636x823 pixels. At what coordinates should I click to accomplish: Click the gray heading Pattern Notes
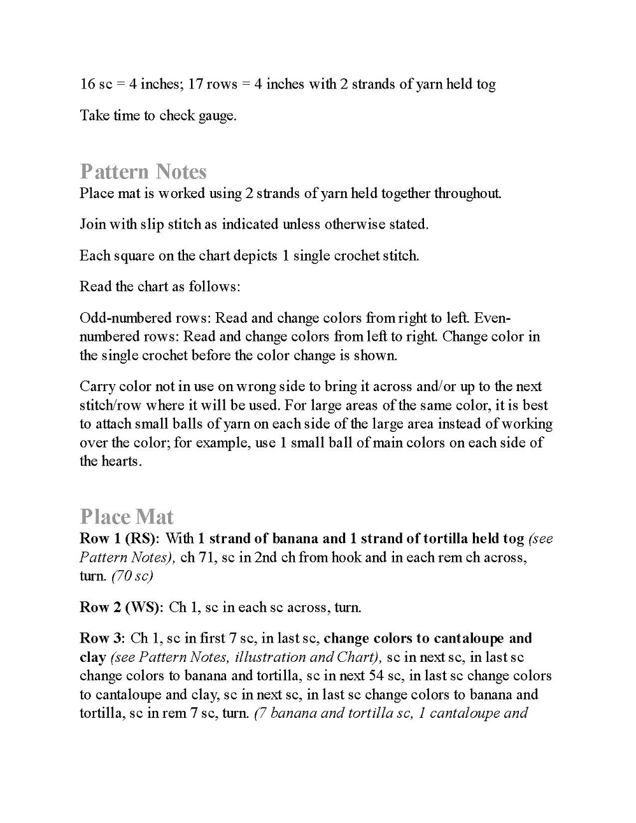coord(143,172)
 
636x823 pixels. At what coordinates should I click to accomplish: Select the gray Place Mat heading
coord(127,517)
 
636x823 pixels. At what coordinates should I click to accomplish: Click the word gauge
coord(216,116)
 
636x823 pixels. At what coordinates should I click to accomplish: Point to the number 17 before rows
coord(196,84)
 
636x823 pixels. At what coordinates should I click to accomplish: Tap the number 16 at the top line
coord(87,84)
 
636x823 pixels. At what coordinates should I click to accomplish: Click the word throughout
coord(467,193)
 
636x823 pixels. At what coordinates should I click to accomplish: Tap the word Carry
coord(96,387)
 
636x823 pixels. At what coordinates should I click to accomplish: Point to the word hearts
coord(121,461)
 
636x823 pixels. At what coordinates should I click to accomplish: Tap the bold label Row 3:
coord(102,638)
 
